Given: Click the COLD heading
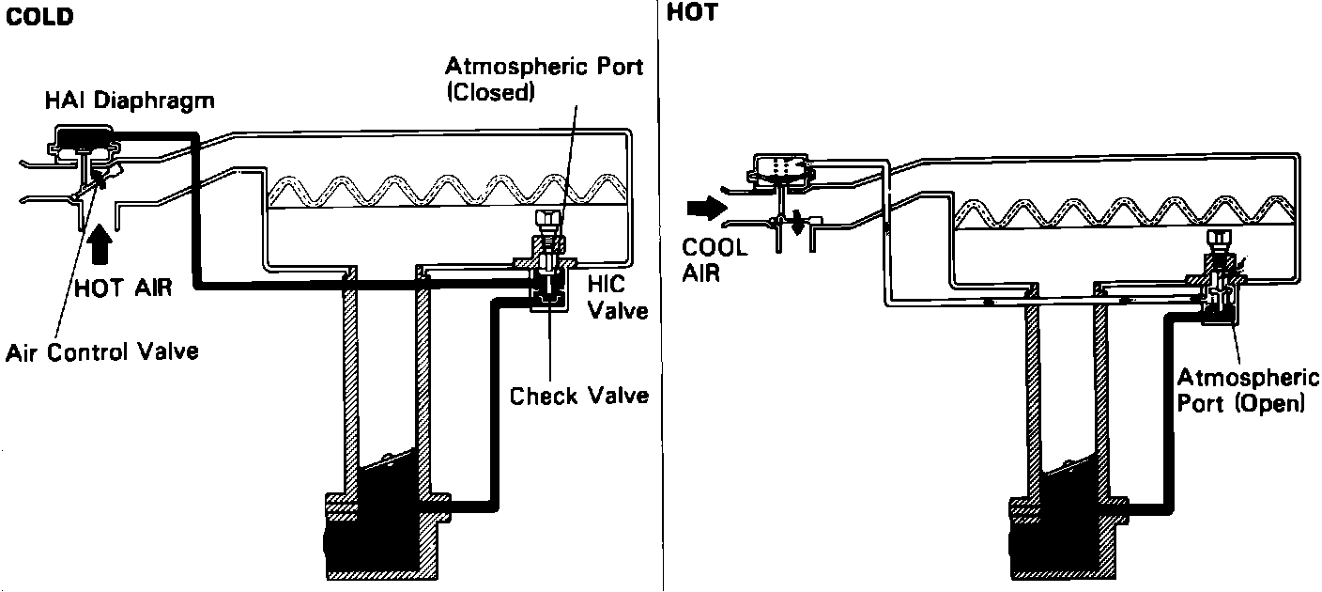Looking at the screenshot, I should [38, 17].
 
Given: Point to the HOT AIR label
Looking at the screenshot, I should [124, 288].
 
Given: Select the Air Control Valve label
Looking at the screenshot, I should [102, 352].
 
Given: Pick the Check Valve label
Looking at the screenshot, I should [579, 396].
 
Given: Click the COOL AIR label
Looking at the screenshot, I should [714, 260].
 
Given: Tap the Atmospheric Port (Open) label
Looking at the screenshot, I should [1248, 391].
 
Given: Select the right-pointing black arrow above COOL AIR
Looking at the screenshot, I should [706, 206].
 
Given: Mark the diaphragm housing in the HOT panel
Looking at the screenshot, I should [779, 167].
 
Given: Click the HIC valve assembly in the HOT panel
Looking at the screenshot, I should [1219, 287].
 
